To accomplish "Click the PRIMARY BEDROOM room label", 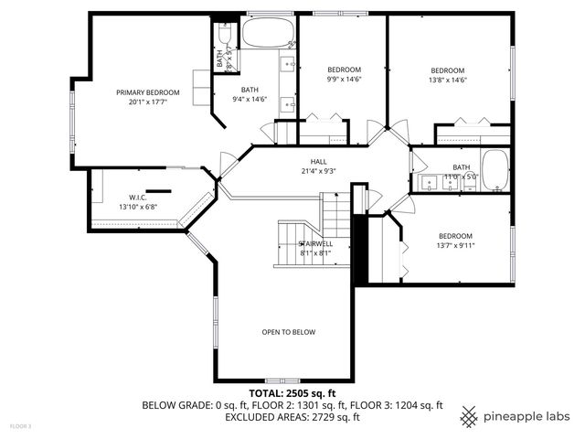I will (147, 92).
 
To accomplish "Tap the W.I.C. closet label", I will (138, 197).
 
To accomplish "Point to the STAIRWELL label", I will (315, 243).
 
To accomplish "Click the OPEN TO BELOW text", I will (288, 332).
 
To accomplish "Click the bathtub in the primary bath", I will (267, 36).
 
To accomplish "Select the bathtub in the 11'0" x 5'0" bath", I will (495, 170).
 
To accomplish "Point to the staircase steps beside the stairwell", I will (336, 217).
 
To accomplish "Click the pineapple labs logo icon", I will (469, 416).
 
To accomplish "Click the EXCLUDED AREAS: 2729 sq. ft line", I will (292, 417).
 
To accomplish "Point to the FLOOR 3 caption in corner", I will (20, 425).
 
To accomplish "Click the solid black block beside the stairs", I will (359, 250).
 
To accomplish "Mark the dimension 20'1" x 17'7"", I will (147, 102).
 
